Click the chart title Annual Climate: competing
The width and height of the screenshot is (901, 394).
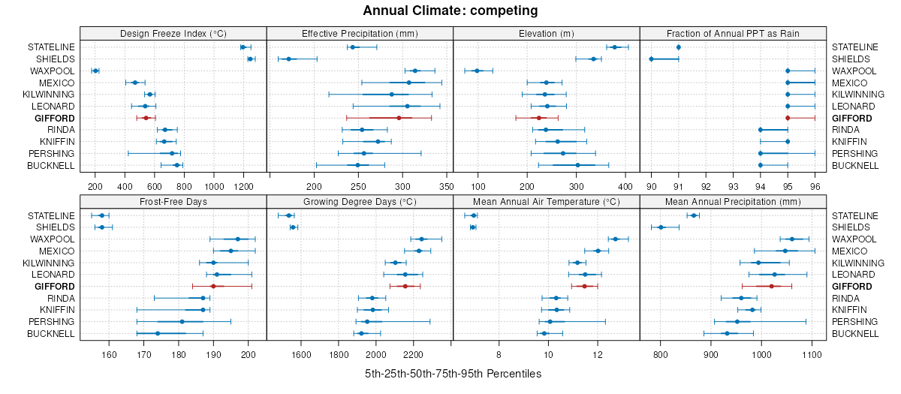coord(450,11)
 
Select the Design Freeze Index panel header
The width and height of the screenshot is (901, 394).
coord(173,34)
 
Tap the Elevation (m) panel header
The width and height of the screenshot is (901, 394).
coord(546,34)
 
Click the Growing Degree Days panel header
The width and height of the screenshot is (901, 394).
coord(359,202)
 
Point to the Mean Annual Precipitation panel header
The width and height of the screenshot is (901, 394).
coord(732,202)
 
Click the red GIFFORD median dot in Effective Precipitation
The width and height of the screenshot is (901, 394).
coord(399,118)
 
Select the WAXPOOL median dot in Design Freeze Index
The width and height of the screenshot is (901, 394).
coord(95,71)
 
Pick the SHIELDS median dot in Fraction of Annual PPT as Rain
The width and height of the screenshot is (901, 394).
coord(651,59)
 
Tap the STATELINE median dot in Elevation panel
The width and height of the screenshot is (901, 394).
coord(614,47)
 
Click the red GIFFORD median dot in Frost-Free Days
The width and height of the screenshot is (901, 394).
coord(213,286)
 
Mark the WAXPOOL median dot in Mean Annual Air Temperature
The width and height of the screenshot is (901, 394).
coord(616,239)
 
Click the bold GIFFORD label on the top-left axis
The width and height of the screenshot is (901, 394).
coord(53,119)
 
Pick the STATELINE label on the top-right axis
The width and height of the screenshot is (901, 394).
coord(854,47)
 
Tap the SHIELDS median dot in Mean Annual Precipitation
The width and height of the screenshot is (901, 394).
coord(661,227)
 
